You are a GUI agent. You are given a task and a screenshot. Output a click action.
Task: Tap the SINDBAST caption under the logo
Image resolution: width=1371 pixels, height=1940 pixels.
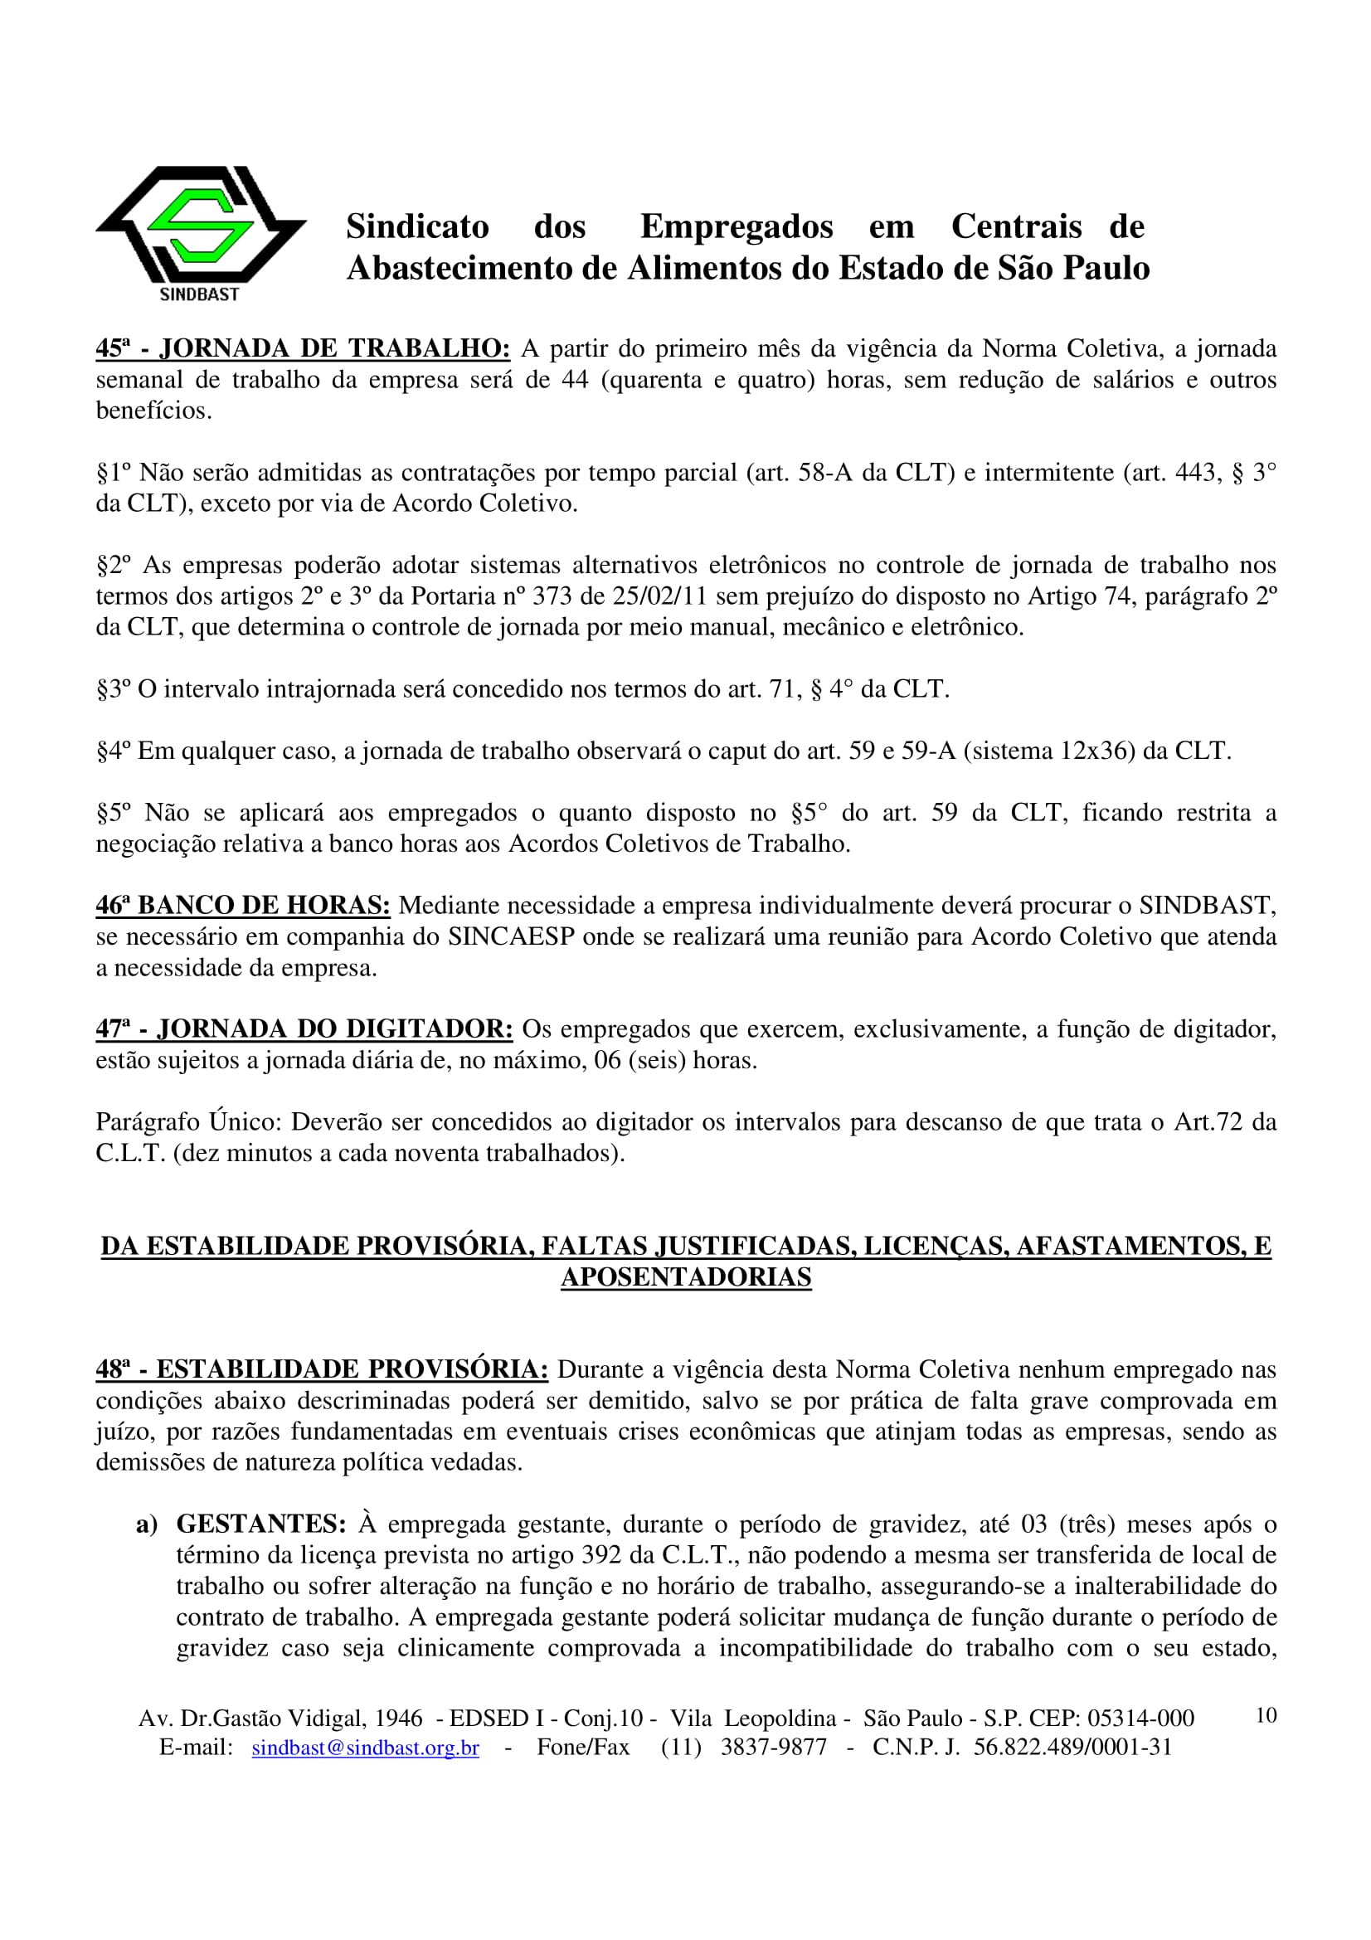click(200, 294)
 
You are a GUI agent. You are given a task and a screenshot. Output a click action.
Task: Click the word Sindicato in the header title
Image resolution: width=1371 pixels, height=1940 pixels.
click(417, 226)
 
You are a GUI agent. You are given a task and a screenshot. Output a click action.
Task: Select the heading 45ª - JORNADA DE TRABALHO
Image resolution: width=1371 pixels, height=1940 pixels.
click(303, 348)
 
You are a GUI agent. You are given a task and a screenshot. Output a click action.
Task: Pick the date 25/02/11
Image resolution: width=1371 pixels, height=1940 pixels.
click(660, 596)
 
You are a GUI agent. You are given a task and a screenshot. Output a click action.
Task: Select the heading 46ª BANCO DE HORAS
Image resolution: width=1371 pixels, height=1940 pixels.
click(242, 906)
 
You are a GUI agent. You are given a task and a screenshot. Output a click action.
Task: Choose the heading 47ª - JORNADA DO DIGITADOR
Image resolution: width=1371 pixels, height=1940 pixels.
click(304, 1029)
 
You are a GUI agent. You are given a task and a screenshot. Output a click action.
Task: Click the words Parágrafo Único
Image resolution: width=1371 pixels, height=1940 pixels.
click(187, 1122)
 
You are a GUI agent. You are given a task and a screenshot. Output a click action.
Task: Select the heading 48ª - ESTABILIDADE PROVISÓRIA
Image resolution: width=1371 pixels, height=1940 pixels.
click(322, 1369)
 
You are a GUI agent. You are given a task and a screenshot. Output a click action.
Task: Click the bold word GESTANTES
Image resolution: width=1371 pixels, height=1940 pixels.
click(261, 1524)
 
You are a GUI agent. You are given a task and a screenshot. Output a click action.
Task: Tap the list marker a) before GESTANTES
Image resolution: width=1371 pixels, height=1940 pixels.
click(147, 1524)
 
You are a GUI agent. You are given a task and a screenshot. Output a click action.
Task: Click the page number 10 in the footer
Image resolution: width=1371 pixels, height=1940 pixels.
click(1266, 1716)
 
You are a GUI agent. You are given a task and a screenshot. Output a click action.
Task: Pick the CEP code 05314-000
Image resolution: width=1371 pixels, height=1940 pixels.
click(1140, 1718)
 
